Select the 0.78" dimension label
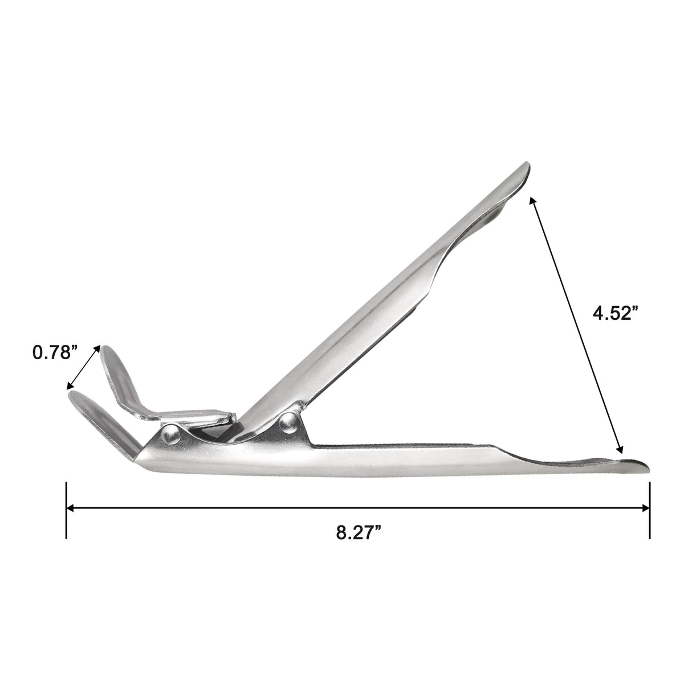click(x=55, y=352)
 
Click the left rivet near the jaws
click(x=171, y=434)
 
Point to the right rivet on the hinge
click(x=288, y=422)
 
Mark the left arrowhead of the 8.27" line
click(x=70, y=508)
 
